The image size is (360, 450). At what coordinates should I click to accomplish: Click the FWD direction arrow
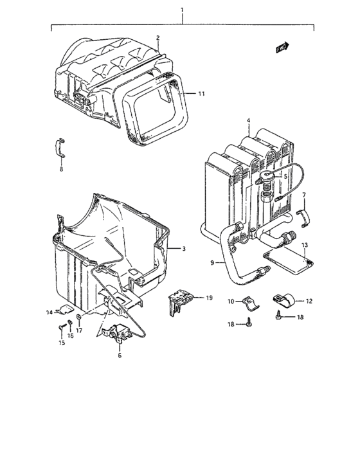pos(282,47)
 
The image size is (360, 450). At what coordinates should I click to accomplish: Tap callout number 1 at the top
pos(183,10)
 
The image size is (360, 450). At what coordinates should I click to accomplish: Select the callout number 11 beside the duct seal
pos(201,94)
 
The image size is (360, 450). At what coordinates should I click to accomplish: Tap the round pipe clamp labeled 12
pos(283,300)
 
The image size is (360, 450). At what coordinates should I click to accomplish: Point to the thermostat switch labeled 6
pos(116,334)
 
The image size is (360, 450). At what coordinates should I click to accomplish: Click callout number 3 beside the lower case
pos(183,248)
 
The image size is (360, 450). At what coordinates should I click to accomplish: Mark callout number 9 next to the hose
pos(210,262)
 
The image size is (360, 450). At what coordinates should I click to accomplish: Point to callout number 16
pos(71,335)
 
